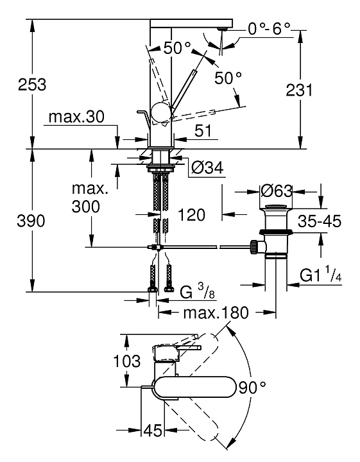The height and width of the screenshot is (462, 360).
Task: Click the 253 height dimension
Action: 32,85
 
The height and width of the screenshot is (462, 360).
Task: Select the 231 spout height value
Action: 299,90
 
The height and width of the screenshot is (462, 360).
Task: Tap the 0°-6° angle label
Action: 269,29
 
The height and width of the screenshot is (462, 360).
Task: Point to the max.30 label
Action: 76,117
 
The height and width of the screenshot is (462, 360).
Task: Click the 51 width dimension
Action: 203,130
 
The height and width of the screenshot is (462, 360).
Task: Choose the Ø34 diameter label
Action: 207,168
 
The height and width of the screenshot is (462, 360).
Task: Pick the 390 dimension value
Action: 31,221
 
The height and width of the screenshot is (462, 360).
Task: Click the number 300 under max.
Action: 86,207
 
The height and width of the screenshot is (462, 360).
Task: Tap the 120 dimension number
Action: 191,215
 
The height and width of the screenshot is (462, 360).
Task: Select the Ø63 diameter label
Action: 277,191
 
